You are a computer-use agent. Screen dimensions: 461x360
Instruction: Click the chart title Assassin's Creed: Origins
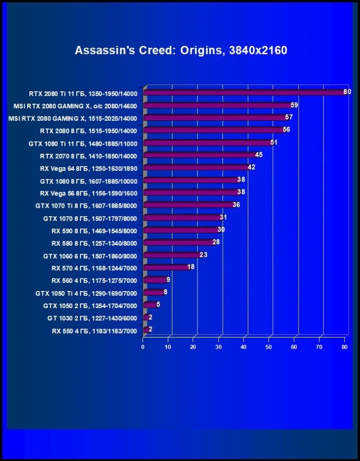pyautogui.click(x=180, y=50)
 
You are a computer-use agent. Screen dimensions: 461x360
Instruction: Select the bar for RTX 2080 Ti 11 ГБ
pyautogui.click(x=244, y=93)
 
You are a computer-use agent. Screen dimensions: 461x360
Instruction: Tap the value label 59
pyautogui.click(x=294, y=105)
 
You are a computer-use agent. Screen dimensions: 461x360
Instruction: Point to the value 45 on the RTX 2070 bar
pyautogui.click(x=259, y=155)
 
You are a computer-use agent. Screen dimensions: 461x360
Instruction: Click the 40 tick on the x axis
pyautogui.click(x=243, y=347)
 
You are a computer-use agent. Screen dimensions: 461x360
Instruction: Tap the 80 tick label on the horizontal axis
pyautogui.click(x=344, y=347)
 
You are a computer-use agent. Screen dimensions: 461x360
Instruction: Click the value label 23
pyautogui.click(x=204, y=255)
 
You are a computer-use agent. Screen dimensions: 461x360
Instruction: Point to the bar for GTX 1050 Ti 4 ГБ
pyautogui.click(x=153, y=293)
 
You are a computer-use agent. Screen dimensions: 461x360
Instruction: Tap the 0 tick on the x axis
pyautogui.click(x=143, y=347)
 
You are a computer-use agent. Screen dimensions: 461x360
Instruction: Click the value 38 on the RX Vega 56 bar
pyautogui.click(x=241, y=192)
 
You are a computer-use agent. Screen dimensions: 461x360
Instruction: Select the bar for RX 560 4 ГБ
pyautogui.click(x=154, y=280)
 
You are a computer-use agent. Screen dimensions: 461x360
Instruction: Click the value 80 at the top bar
pyautogui.click(x=347, y=92)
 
